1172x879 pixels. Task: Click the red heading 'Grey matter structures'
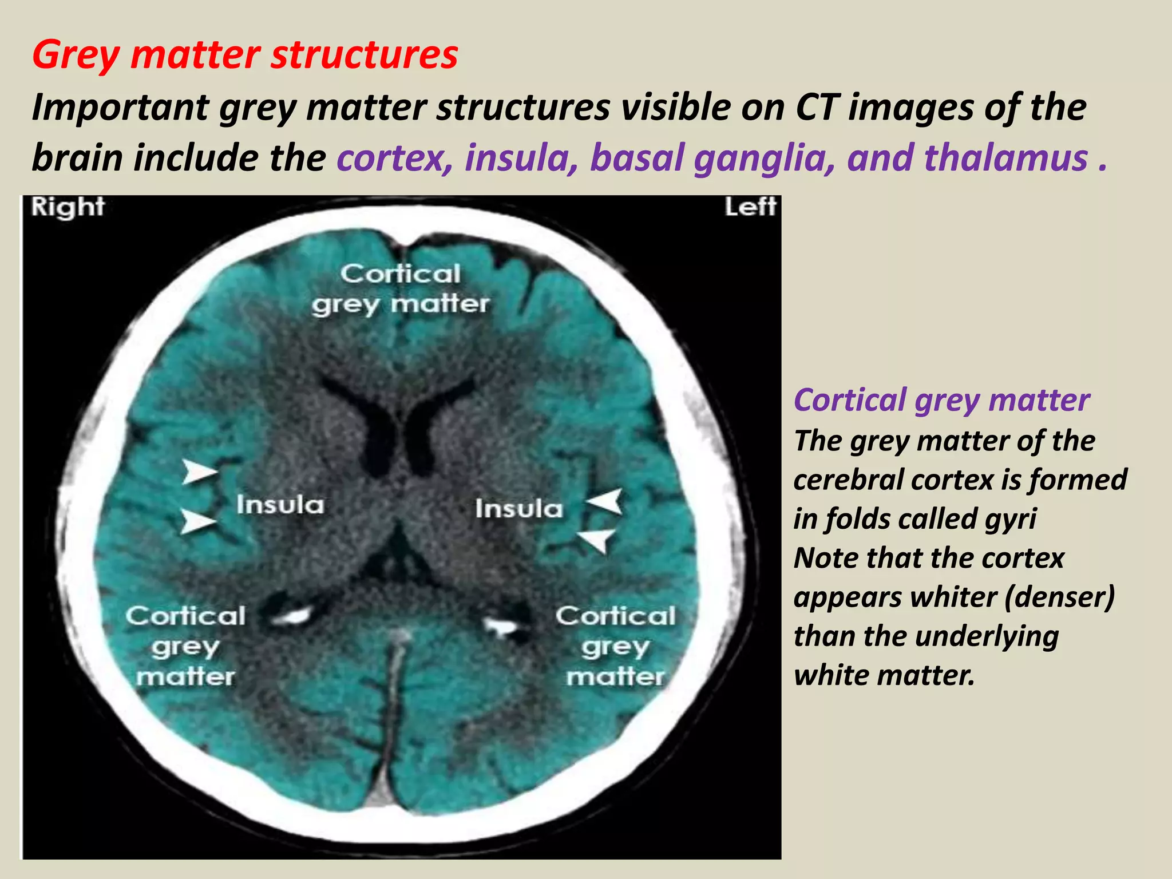click(245, 55)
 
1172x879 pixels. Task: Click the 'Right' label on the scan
click(68, 207)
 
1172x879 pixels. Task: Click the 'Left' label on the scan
click(750, 207)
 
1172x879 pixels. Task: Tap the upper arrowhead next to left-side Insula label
click(607, 501)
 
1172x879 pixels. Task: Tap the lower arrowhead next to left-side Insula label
click(597, 539)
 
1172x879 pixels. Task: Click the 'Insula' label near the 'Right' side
click(280, 505)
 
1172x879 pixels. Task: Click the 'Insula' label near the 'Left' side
click(519, 509)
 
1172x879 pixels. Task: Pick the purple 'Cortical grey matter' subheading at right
click(941, 399)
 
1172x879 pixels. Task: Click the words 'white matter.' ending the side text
click(884, 675)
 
